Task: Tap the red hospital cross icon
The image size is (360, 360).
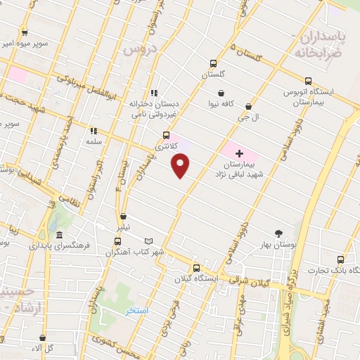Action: (x=239, y=153)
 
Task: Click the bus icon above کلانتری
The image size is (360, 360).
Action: (x=166, y=136)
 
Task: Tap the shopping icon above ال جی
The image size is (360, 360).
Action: (x=249, y=107)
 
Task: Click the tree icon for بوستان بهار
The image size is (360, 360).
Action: (x=279, y=233)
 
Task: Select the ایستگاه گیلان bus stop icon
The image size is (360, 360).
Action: (x=196, y=268)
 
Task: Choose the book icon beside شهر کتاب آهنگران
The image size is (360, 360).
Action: (x=148, y=241)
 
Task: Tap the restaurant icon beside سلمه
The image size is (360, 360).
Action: (x=93, y=131)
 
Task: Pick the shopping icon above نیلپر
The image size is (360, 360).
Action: (x=124, y=217)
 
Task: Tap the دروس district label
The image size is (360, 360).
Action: (x=139, y=49)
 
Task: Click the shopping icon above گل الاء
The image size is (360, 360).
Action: (x=44, y=337)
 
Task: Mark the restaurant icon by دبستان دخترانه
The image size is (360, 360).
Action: (x=153, y=93)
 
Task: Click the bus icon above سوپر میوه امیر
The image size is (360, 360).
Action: (x=25, y=32)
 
